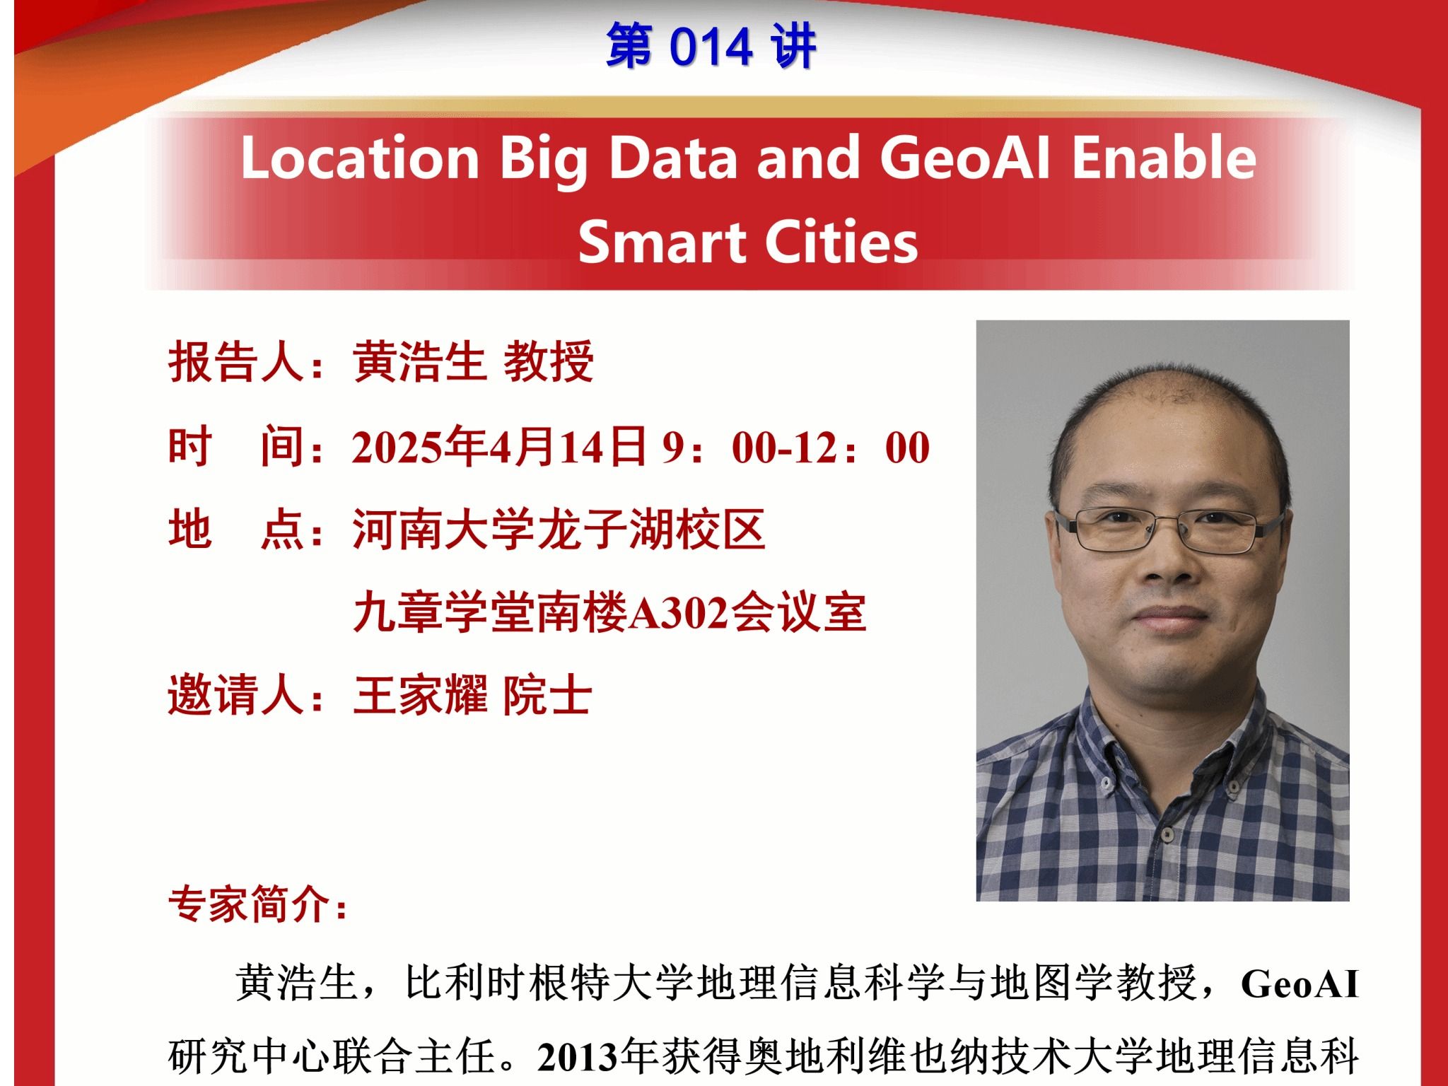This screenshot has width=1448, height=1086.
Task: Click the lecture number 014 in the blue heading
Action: tap(711, 47)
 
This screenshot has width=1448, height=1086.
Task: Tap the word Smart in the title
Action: tap(662, 242)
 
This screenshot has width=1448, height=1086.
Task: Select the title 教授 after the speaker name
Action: tap(548, 362)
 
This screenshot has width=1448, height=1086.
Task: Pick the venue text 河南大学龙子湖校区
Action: tap(559, 530)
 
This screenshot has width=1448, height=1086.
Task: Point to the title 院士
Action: tap(548, 695)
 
